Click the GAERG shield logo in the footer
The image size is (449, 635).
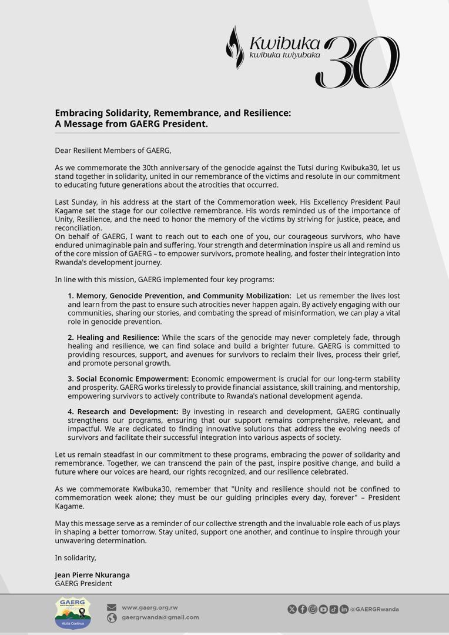pos(73,613)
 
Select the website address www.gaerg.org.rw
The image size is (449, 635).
pos(149,607)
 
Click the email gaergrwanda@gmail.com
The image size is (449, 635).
pos(160,617)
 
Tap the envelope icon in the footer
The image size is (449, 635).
pos(112,607)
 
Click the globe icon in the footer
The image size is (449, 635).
pos(112,618)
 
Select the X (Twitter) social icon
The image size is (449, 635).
pos(292,609)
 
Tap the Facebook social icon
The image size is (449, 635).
pos(302,609)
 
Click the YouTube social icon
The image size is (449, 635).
pos(323,609)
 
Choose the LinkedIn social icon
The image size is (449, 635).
pos(344,609)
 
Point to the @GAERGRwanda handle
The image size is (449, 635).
pos(374,609)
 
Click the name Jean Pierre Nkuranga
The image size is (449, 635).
pos(92,575)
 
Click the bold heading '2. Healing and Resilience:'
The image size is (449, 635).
pos(113,337)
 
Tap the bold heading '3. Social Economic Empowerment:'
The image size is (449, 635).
pos(128,379)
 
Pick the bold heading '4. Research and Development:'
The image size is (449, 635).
pos(123,412)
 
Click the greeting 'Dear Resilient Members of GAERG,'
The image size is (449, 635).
pos(113,151)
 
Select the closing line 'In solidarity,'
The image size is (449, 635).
pos(75,557)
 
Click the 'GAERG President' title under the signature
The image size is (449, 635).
pos(83,584)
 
